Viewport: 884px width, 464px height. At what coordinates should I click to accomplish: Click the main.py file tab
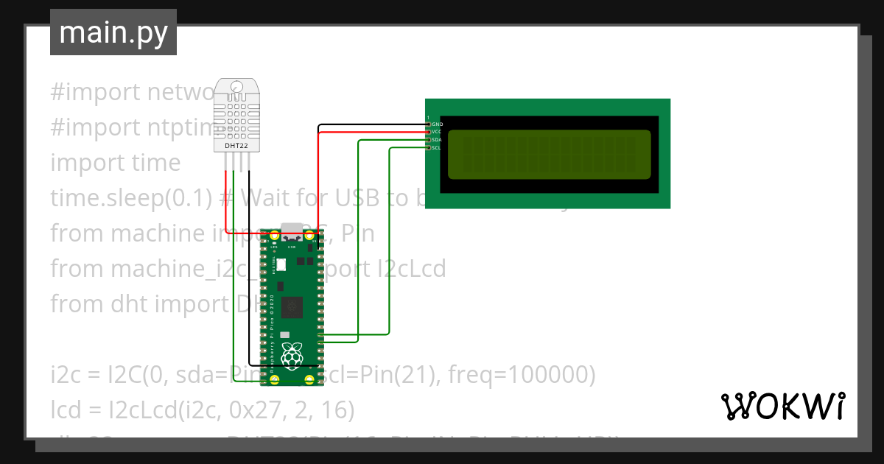point(113,33)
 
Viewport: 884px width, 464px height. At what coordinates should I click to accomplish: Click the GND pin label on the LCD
point(437,124)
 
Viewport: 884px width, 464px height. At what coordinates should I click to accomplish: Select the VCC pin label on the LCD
point(437,132)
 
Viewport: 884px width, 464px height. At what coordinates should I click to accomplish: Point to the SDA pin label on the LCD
point(437,140)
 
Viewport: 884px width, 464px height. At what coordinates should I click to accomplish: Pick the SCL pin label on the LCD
point(437,148)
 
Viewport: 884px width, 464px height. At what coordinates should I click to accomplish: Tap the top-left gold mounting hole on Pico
point(275,236)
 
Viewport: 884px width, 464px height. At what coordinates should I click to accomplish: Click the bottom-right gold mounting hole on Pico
point(310,380)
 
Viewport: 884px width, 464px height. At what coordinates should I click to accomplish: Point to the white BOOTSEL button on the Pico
point(281,264)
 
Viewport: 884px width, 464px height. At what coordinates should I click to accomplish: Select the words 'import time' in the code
point(115,162)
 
